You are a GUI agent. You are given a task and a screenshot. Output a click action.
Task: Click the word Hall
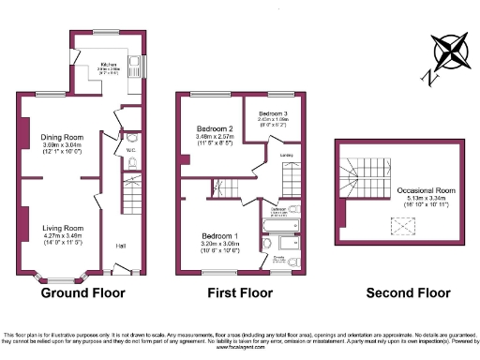click(x=121, y=246)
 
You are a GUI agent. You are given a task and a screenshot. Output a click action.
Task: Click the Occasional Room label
click(x=426, y=190)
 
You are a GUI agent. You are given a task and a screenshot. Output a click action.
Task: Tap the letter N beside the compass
click(x=430, y=76)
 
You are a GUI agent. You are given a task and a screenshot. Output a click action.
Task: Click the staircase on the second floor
click(x=366, y=178)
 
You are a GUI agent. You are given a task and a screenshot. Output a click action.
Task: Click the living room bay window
click(x=61, y=277)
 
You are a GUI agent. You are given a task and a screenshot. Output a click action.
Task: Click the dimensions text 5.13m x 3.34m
click(x=426, y=198)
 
